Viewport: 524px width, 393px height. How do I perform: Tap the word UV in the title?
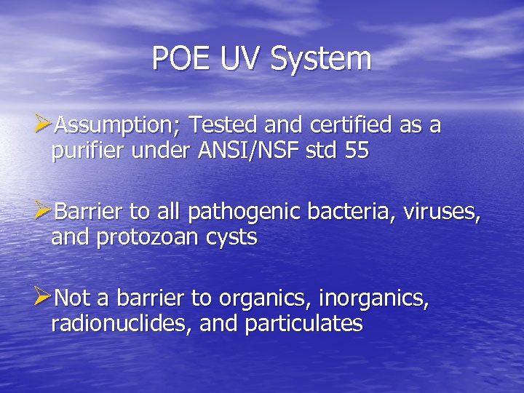pos(241,58)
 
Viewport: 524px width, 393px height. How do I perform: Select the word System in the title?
pos(321,58)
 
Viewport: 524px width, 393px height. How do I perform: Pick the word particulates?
pos(303,324)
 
